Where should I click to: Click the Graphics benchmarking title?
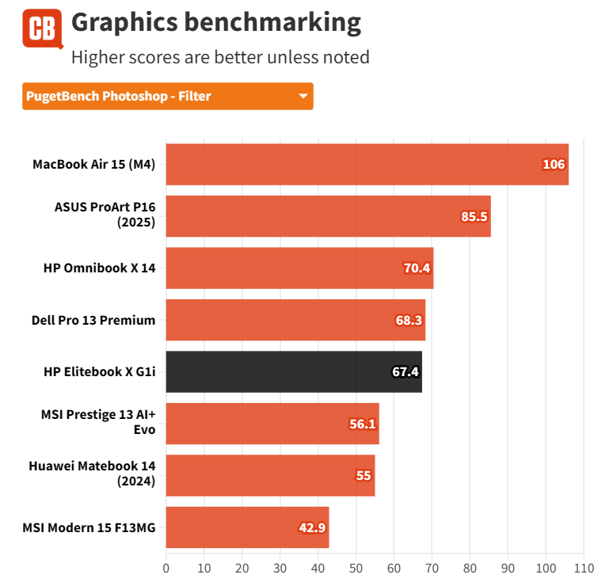point(215,22)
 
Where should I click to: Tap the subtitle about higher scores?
point(220,57)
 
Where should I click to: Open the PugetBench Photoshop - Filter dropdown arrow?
point(303,97)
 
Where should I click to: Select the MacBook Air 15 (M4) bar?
point(367,165)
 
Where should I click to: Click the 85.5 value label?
point(474,216)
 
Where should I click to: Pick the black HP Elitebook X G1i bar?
point(294,371)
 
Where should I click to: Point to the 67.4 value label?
point(405,371)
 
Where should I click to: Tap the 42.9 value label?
point(312,527)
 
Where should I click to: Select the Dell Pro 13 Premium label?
point(93,320)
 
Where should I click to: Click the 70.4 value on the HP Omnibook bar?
point(417,268)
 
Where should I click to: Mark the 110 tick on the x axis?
point(583,568)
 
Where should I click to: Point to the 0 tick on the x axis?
point(166,568)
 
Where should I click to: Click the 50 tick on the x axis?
point(356,568)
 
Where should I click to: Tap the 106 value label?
point(554,165)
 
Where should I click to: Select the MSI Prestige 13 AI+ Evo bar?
point(272,424)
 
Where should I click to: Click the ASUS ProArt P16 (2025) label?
point(105,216)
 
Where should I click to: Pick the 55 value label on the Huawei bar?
point(364,475)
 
